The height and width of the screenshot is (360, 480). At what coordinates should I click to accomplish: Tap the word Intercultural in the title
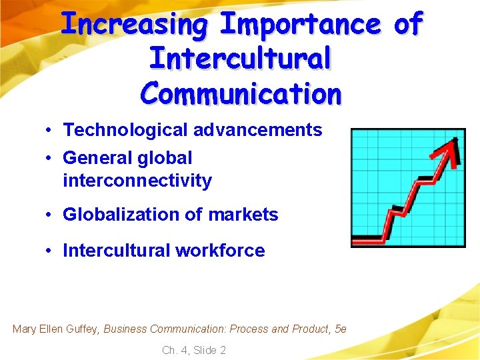click(x=240, y=58)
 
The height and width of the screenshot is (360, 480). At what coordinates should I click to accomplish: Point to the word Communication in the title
click(x=240, y=93)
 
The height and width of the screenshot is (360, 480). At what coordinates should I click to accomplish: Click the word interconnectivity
click(x=137, y=181)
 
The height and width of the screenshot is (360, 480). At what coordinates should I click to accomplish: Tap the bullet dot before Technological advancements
click(x=50, y=131)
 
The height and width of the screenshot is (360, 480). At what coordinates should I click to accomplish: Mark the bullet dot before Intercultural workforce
click(x=50, y=251)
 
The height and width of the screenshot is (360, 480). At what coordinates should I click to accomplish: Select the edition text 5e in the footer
click(x=340, y=329)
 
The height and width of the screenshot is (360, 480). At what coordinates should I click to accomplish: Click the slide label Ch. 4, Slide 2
click(x=194, y=350)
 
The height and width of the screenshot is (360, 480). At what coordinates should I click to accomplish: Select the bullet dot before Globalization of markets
click(x=50, y=215)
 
